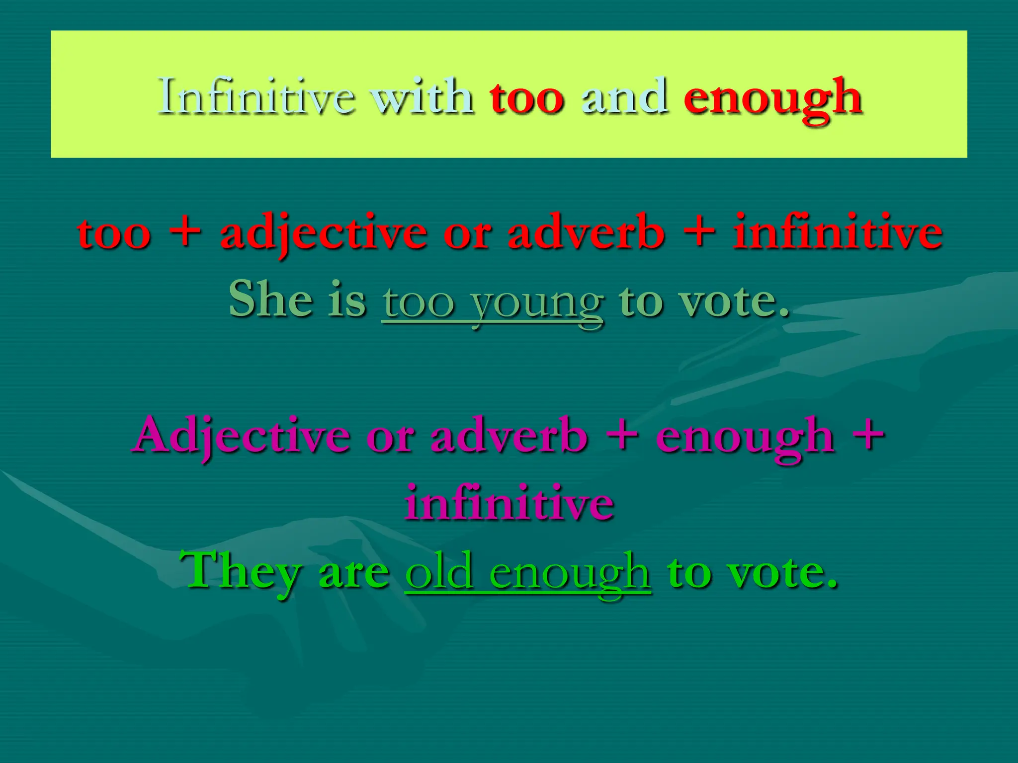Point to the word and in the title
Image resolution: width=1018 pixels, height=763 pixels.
pos(624,97)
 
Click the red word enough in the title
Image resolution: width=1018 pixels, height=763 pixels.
pos(772,99)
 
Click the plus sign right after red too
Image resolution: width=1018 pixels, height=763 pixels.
pos(184,231)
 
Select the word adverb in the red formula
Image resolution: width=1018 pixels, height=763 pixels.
pos(586,231)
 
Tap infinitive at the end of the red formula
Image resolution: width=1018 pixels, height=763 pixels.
pos(838,231)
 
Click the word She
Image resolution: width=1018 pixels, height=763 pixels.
pos(271,299)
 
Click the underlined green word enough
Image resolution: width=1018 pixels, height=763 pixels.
pos(570,574)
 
